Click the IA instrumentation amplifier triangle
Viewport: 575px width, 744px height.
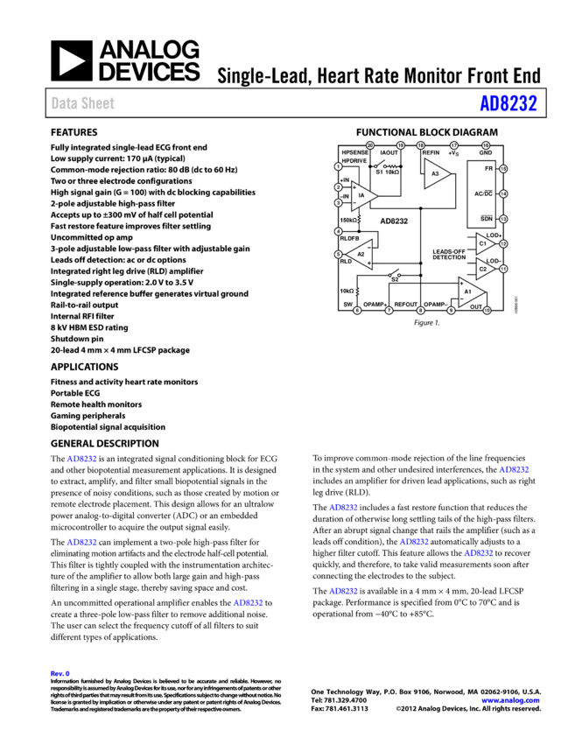(x=361, y=196)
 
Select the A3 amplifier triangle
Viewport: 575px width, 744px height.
(x=435, y=174)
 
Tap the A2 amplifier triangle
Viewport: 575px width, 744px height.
(x=361, y=254)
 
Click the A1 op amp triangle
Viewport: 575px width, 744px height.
(x=470, y=291)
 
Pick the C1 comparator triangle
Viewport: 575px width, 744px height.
(x=484, y=243)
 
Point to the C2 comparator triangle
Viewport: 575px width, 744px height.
(x=484, y=268)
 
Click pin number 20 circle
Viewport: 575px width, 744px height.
(x=370, y=145)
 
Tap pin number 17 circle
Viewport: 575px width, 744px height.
(x=453, y=145)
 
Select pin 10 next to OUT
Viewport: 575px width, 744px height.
(x=487, y=310)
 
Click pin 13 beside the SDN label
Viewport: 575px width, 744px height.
(x=503, y=219)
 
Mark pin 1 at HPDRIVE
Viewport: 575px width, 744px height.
(x=339, y=166)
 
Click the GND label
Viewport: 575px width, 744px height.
(x=486, y=153)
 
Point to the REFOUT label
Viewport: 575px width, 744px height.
(x=405, y=304)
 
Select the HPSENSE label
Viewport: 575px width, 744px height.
(x=355, y=153)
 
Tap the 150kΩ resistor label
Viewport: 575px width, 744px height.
(x=348, y=220)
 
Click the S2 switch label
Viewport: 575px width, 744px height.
(x=395, y=279)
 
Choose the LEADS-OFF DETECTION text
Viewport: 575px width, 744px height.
(x=449, y=255)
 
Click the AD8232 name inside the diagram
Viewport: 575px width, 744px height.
(x=394, y=221)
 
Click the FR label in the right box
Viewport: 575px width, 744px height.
(x=488, y=168)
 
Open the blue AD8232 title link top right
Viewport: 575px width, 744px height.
(x=508, y=103)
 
